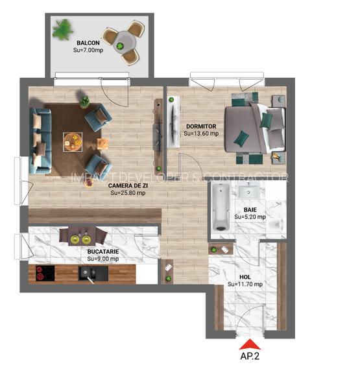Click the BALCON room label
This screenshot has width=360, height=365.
(x=87, y=44)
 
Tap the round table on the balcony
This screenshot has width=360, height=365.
(x=123, y=45)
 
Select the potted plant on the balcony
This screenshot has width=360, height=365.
(x=63, y=29)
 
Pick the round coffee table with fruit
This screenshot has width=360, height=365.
(x=72, y=139)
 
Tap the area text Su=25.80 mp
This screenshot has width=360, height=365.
(x=128, y=193)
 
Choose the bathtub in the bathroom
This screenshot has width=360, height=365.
(x=220, y=207)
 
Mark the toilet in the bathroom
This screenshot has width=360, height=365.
(x=277, y=224)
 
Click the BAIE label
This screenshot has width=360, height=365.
(x=250, y=209)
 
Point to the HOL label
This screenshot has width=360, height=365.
(x=245, y=276)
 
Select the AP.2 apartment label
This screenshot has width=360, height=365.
(x=249, y=356)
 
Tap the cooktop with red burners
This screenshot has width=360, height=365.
(x=45, y=273)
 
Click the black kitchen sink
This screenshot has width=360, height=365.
(x=88, y=274)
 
